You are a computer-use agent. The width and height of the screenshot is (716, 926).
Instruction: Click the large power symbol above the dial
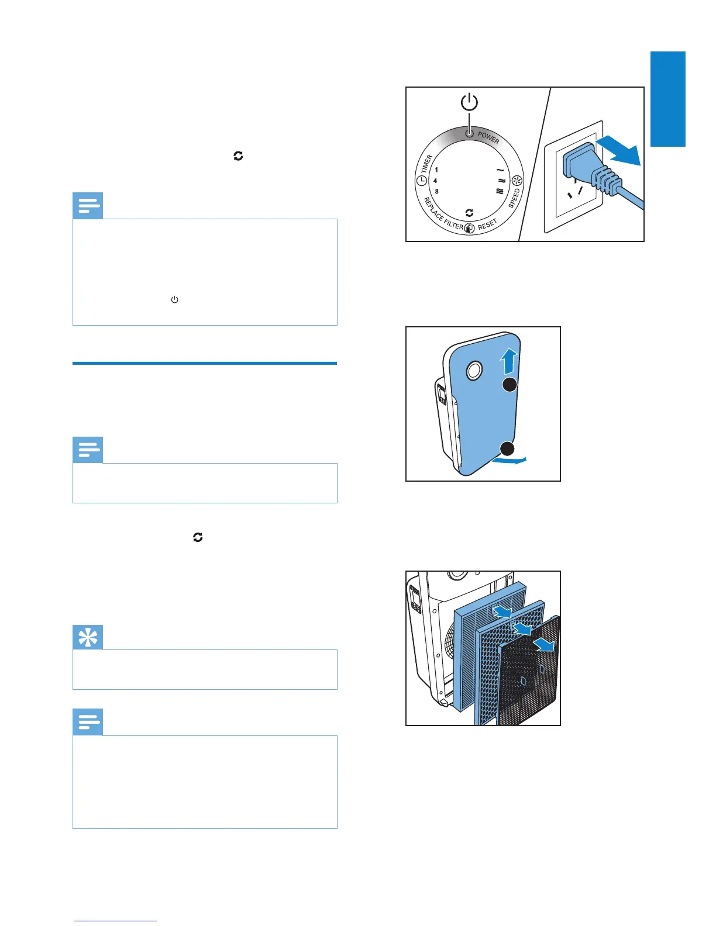pos(469,102)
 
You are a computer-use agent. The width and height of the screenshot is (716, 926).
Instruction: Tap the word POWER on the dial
pos(488,138)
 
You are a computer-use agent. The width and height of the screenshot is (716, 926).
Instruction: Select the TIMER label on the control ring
pos(426,164)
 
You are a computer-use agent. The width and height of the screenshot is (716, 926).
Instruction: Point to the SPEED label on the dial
pos(514,198)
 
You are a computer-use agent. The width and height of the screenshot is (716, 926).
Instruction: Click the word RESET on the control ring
pos(487,224)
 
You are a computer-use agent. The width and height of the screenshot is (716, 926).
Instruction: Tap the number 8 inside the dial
pos(436,192)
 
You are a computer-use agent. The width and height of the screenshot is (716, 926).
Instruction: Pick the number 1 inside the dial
pos(436,170)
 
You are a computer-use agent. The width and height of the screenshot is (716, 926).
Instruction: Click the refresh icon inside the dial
pos(469,213)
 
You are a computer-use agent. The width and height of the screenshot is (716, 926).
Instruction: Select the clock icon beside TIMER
pos(421,181)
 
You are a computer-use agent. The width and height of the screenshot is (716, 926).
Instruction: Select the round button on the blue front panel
pos(473,369)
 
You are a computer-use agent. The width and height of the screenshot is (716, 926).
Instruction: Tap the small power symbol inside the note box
pos(174,299)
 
